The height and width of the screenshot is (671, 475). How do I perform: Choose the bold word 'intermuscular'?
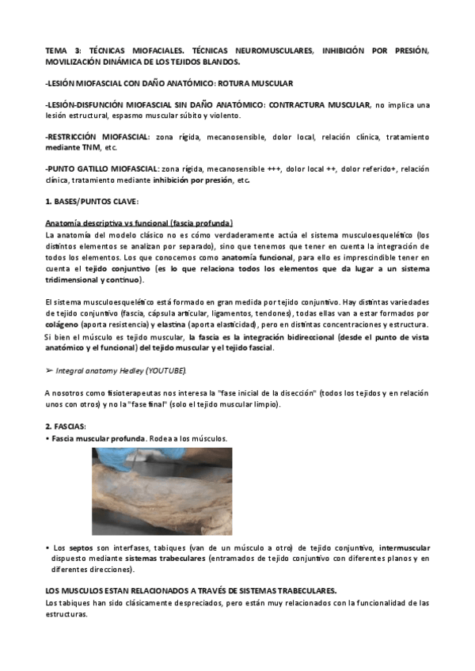[405, 548]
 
